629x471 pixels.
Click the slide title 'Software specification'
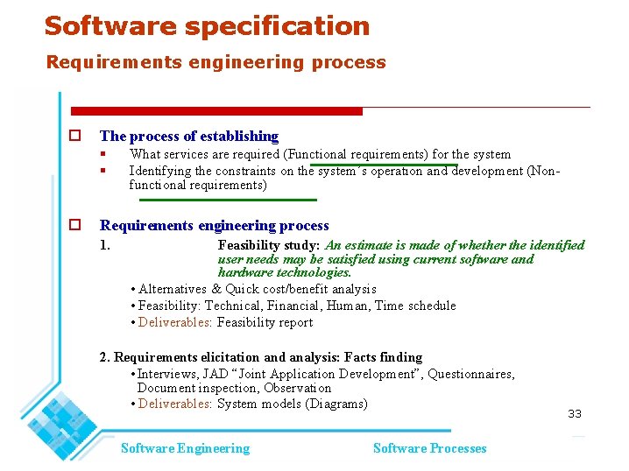pos(207,26)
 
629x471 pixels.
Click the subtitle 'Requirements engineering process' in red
pos(216,62)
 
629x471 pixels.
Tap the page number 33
pos(575,413)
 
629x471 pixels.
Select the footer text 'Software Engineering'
pos(185,448)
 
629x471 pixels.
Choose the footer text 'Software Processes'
pos(429,448)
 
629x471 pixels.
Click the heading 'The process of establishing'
pos(188,136)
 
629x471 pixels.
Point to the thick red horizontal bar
pos(216,111)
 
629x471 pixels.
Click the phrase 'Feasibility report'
pos(265,322)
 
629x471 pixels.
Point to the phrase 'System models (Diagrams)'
pos(292,404)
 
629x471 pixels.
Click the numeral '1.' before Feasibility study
pos(105,245)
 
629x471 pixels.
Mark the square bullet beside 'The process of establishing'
pos(75,136)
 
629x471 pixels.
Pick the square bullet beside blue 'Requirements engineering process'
pos(75,225)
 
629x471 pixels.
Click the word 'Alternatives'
pos(173,289)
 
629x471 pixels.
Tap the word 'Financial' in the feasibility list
pos(293,306)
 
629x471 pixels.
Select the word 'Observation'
pos(296,388)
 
